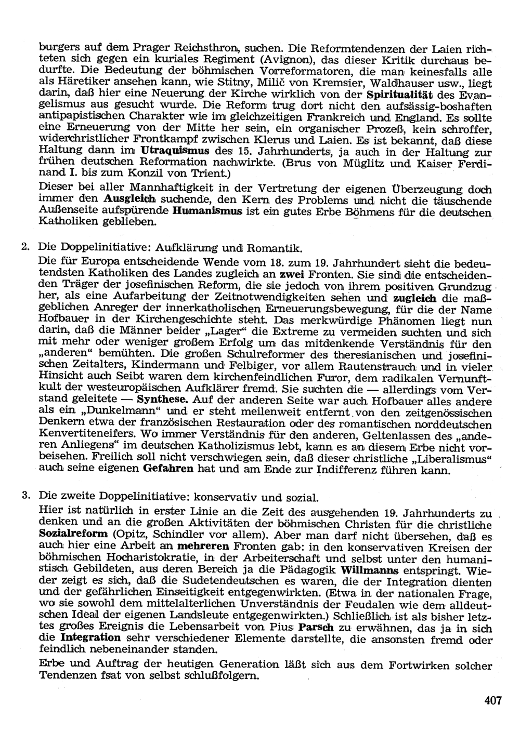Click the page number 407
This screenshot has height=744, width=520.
[492, 700]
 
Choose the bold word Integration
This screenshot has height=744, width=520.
[90, 637]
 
